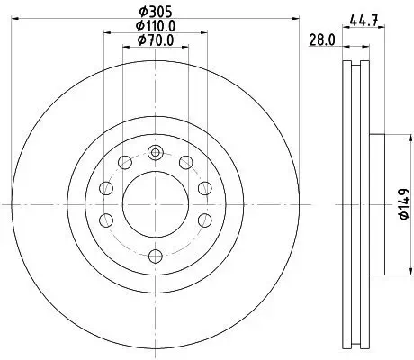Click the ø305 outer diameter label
(x=154, y=13)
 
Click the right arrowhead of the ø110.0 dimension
(x=202, y=33)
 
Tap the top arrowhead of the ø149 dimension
(x=393, y=136)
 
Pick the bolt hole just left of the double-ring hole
(x=124, y=163)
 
